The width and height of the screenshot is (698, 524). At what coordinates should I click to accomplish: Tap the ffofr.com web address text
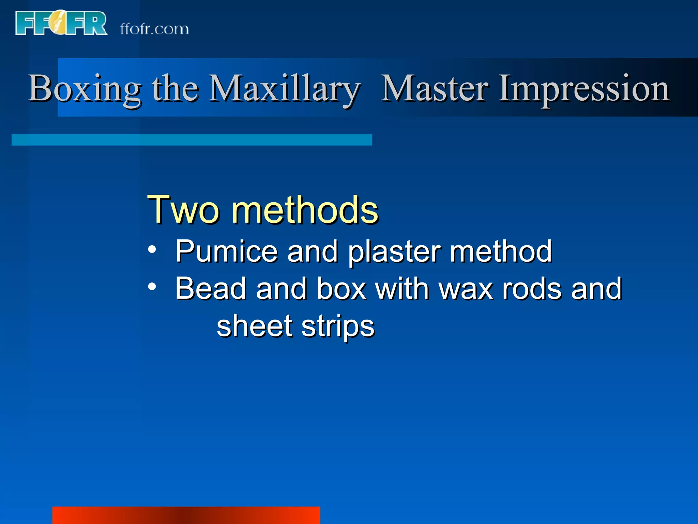point(154,29)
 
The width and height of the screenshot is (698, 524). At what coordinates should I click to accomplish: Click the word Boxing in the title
point(84,89)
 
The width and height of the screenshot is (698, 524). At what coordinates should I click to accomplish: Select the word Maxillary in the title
point(284,89)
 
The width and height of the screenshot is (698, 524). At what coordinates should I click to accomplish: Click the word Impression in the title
point(584,89)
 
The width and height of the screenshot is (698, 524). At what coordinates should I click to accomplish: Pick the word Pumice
point(226,252)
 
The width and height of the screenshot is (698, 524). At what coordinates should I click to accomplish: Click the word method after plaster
point(501,251)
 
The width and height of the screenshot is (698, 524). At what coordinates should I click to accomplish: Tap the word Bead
point(211,289)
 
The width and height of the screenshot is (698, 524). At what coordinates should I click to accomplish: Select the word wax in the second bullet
point(466,289)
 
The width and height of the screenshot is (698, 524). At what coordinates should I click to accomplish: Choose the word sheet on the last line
point(255,326)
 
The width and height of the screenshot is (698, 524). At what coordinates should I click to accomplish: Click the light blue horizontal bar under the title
point(192,140)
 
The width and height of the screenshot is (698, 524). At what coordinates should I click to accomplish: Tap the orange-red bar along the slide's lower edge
point(186,515)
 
